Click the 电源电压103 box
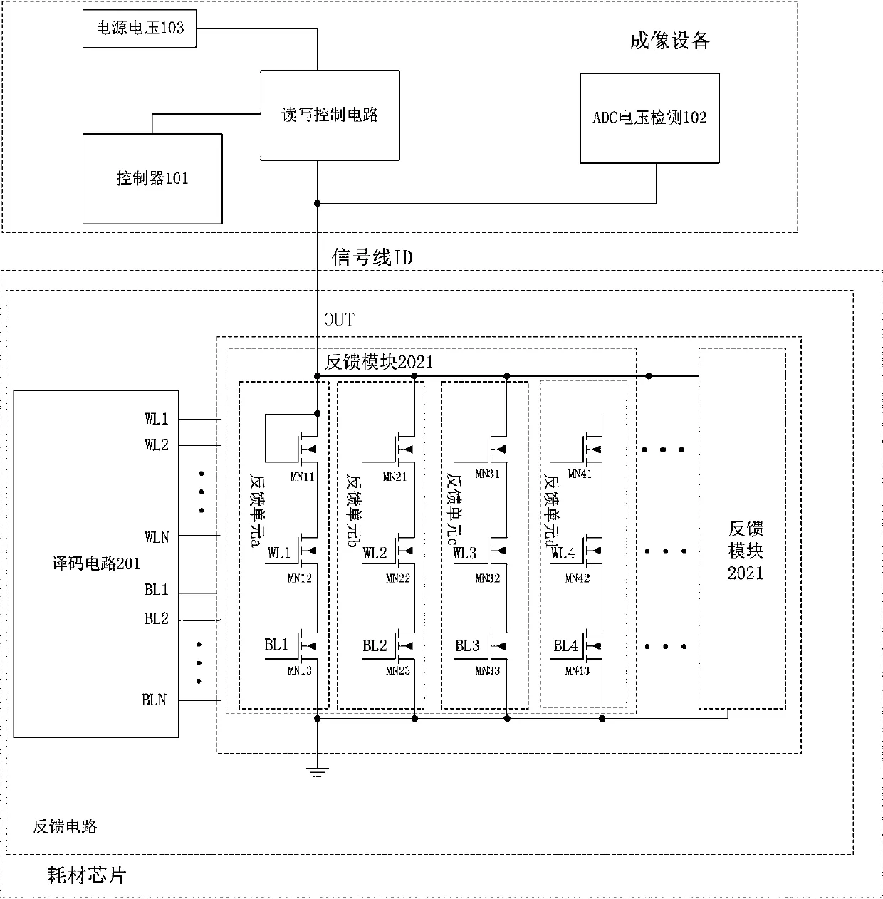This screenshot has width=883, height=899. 140,28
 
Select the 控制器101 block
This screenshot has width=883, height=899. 152,178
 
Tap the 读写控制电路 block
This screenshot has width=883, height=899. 329,115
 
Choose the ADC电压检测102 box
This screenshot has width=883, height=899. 649,118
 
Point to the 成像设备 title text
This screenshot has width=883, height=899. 669,41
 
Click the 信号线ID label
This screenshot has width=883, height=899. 372,257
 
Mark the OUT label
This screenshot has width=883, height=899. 339,319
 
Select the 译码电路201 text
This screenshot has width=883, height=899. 95,563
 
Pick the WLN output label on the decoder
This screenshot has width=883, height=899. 157,536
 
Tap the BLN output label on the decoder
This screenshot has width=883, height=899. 154,700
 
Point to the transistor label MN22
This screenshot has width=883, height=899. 398,578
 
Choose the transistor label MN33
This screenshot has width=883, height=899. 488,670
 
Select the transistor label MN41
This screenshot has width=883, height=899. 580,474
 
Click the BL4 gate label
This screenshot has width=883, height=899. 566,645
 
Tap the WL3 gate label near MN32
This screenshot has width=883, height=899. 464,553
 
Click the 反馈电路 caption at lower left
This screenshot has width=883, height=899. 65,826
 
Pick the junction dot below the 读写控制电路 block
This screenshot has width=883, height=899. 318,204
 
